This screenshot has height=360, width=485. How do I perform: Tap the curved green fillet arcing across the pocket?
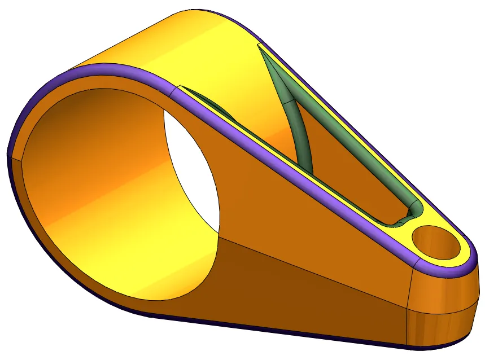point(299,135)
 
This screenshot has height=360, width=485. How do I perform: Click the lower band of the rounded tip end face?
point(440,327)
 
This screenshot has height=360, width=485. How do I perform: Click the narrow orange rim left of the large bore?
point(20,186)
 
